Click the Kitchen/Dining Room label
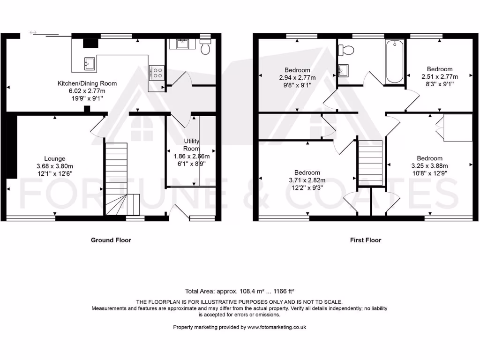click(x=87, y=83)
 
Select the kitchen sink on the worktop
click(x=89, y=63)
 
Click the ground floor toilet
click(x=205, y=47)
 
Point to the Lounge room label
click(x=55, y=158)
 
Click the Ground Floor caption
click(x=111, y=240)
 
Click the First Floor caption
click(x=366, y=240)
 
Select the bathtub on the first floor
click(x=394, y=61)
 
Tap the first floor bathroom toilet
click(x=347, y=49)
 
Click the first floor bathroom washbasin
click(x=343, y=70)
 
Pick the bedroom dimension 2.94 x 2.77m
click(x=297, y=78)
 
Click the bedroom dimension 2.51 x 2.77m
click(x=439, y=76)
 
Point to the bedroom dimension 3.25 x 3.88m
click(x=429, y=165)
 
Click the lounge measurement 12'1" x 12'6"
click(x=55, y=173)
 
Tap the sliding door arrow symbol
click(x=33, y=32)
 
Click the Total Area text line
click(x=240, y=291)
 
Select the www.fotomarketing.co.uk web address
click(x=277, y=327)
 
